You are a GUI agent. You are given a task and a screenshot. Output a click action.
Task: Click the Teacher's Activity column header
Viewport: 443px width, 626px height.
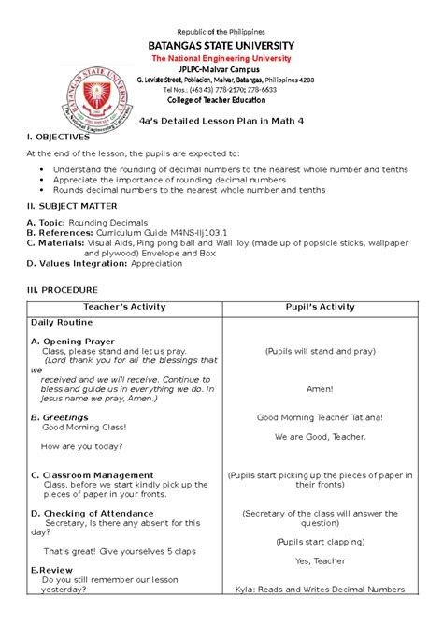pos(124,307)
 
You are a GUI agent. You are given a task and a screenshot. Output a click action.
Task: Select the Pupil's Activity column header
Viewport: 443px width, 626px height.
pos(320,307)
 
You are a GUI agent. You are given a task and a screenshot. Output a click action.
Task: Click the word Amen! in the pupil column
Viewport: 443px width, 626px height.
pos(320,387)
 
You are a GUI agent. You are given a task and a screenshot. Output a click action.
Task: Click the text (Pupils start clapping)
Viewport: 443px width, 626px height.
pos(320,542)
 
